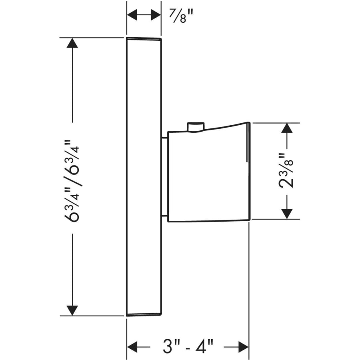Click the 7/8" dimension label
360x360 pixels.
[x=181, y=16]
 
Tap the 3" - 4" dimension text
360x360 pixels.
[x=188, y=346]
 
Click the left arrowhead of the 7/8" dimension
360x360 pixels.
[x=132, y=15]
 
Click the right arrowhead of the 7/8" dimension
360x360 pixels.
[x=156, y=15]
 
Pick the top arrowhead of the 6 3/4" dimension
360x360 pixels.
[x=72, y=43]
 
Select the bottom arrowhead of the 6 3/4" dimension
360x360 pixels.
[x=72, y=310]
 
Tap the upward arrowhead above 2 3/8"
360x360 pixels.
[x=287, y=128]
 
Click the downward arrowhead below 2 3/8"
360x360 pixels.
[x=287, y=214]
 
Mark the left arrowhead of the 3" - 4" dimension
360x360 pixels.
[x=132, y=347]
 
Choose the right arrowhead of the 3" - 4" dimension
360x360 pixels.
[x=244, y=347]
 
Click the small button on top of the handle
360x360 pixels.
[x=196, y=127]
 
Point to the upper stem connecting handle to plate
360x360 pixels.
[x=165, y=138]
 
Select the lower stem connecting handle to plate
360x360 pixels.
[x=165, y=216]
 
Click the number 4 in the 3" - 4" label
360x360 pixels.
[x=201, y=347]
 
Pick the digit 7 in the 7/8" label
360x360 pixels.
[x=173, y=13]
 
